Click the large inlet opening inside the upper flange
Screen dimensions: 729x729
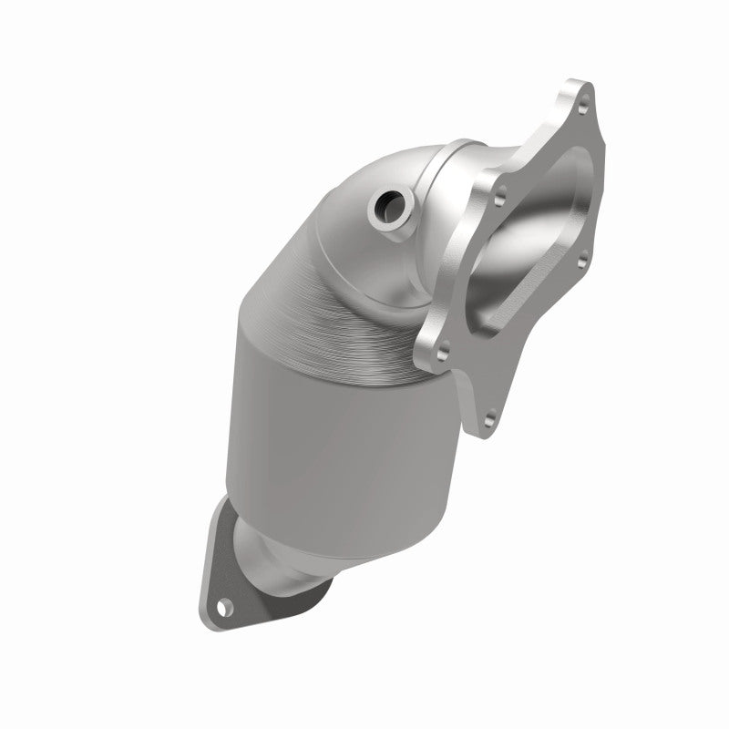(529, 237)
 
